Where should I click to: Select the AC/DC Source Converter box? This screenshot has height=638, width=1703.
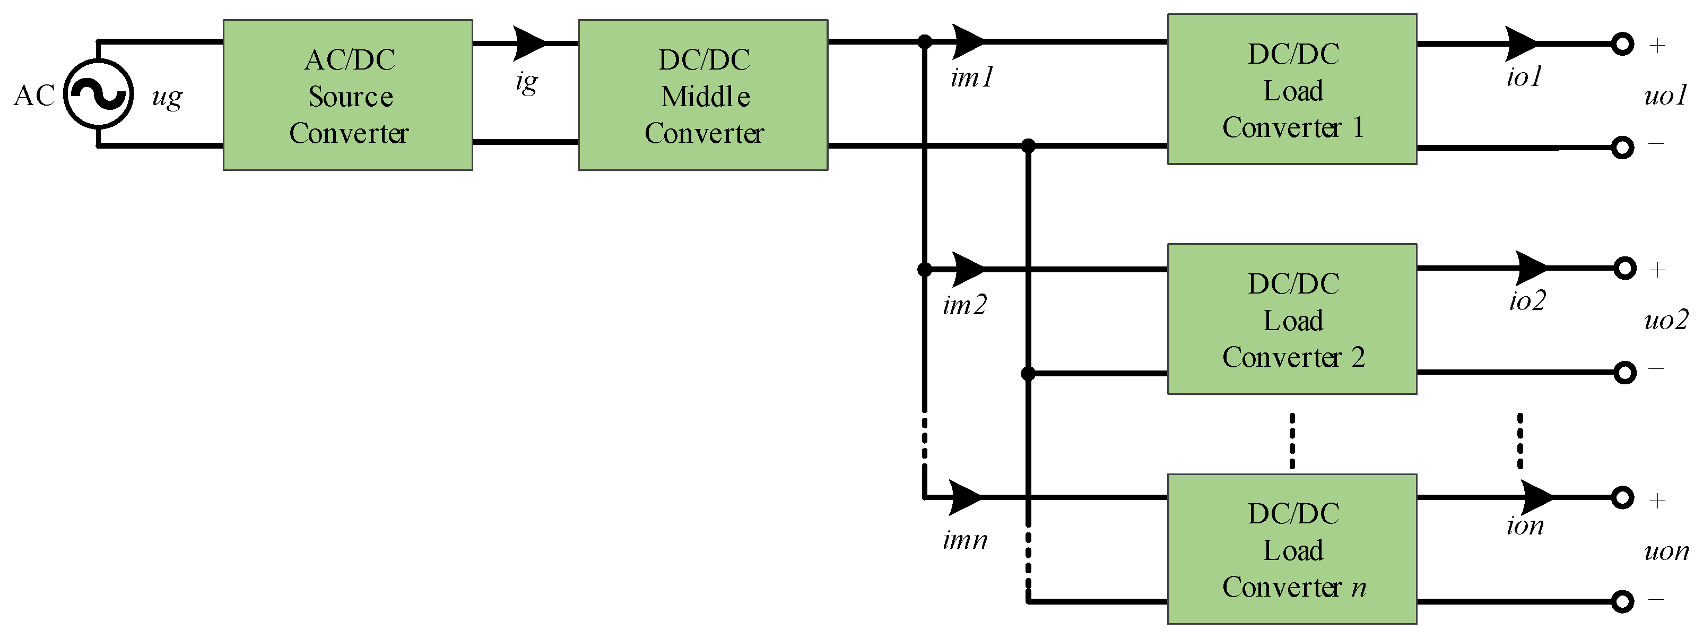[347, 95]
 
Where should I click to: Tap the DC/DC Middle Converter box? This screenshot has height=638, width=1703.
[703, 95]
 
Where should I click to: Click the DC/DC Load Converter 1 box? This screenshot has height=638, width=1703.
[1292, 89]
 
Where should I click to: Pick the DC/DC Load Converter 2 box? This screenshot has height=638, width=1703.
[1292, 320]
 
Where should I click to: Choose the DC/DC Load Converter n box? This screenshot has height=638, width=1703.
[1292, 549]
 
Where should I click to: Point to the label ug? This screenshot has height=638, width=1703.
[167, 97]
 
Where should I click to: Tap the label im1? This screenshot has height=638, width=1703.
[972, 78]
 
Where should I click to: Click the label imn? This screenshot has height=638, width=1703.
[965, 541]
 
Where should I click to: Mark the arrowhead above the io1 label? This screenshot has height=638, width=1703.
[1520, 44]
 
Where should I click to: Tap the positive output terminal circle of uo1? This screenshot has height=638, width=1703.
[1622, 44]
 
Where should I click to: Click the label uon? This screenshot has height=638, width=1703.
[1665, 551]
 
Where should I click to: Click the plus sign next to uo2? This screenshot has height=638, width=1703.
[1657, 270]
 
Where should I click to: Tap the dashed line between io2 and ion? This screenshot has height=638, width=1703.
[1520, 441]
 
